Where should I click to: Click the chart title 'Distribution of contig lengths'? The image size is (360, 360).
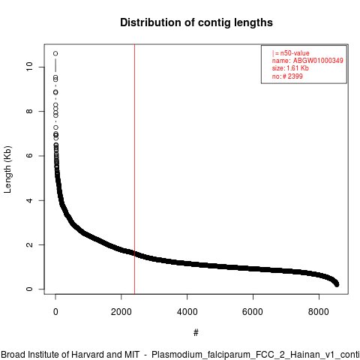(x=196, y=22)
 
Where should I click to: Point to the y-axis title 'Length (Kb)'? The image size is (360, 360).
(x=7, y=169)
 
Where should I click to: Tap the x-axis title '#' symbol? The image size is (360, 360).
(x=196, y=332)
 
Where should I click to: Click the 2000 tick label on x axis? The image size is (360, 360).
(x=121, y=312)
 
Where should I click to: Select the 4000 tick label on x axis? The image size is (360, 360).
(x=187, y=312)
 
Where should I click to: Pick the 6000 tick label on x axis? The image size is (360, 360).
(x=253, y=312)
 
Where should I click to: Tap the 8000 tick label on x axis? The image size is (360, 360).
(x=319, y=312)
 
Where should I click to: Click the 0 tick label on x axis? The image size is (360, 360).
(x=55, y=312)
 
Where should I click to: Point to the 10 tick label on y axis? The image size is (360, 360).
(x=29, y=67)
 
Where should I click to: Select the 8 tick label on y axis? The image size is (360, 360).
(x=29, y=111)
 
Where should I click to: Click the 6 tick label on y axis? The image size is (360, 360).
(x=29, y=155)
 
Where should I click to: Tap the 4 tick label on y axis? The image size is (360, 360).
(x=29, y=200)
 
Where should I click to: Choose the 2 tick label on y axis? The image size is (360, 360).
(x=29, y=244)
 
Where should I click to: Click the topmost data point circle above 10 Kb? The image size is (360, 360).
(x=55, y=53)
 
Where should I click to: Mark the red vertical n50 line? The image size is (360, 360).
(x=134, y=169)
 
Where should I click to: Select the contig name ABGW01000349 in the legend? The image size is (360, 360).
(x=318, y=61)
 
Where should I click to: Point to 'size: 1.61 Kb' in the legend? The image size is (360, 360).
(x=290, y=68)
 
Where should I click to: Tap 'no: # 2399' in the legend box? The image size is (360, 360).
(x=287, y=76)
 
